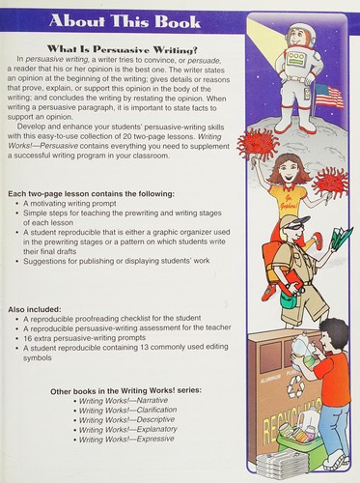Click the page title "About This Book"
[125, 21]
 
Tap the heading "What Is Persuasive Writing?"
[122, 49]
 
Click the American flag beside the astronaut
[328, 96]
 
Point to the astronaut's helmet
[300, 35]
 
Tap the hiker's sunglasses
[292, 226]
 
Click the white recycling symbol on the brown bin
[296, 385]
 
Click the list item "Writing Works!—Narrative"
[124, 401]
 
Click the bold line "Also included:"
[35, 309]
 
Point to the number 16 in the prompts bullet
[27, 338]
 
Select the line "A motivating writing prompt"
[69, 204]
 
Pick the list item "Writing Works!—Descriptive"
[127, 420]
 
